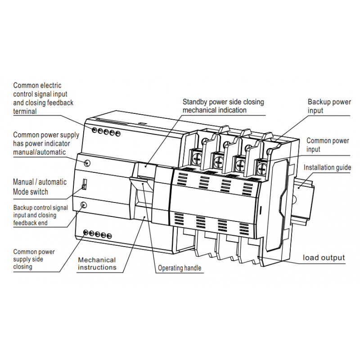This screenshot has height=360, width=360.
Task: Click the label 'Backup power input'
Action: pyautogui.click(x=329, y=106)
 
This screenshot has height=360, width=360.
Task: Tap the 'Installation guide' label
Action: pyautogui.click(x=327, y=168)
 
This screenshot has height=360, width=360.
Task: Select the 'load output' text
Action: pyautogui.click(x=324, y=258)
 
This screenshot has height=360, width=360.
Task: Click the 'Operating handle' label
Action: pyautogui.click(x=180, y=269)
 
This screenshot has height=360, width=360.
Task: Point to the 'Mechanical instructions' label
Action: pyautogui.click(x=97, y=264)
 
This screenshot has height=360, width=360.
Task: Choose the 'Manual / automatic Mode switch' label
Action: pyautogui.click(x=40, y=187)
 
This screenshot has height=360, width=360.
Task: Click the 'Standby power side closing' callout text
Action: pyautogui.click(x=223, y=106)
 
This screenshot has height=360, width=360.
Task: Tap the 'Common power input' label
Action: pyautogui.click(x=328, y=145)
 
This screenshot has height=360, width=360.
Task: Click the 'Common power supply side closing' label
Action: pyautogui.click(x=34, y=259)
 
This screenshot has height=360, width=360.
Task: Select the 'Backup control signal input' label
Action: pyautogui.click(x=40, y=215)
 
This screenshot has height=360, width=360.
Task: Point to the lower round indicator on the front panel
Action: pyautogui.click(x=83, y=205)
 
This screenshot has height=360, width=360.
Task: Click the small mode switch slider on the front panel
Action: pyautogui.click(x=84, y=184)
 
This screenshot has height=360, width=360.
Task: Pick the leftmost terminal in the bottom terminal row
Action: pyautogui.click(x=86, y=232)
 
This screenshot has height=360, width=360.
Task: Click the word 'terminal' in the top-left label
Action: pyautogui.click(x=25, y=112)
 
